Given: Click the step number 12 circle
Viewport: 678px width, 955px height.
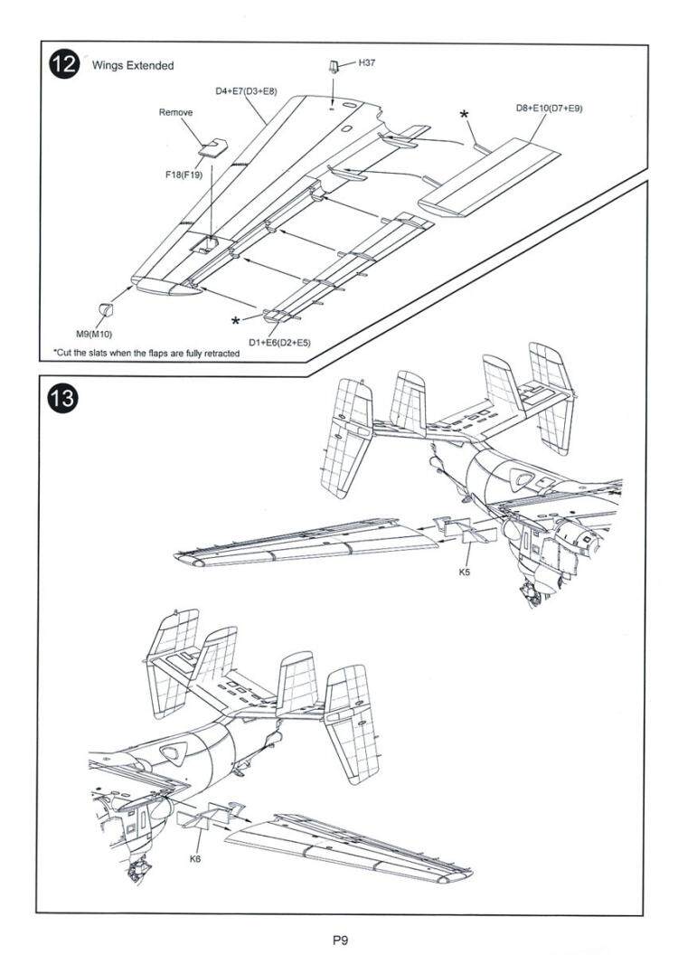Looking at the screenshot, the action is click(x=63, y=64).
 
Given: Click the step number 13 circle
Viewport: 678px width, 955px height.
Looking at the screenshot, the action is click(x=63, y=399).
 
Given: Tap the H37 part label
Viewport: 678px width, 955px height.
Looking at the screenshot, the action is click(x=366, y=62).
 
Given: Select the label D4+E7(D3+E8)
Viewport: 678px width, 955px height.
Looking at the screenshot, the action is click(x=245, y=91).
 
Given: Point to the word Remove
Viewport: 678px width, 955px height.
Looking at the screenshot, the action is click(x=176, y=112).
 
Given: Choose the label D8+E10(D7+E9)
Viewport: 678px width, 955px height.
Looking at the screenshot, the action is click(x=550, y=109).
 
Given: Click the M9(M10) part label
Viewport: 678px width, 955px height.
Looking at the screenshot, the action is click(x=94, y=334).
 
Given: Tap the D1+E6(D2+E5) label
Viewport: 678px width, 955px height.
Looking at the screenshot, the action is click(x=279, y=343).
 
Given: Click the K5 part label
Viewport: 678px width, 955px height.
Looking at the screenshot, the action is click(x=465, y=572).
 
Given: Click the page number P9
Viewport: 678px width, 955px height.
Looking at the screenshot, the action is click(x=340, y=941).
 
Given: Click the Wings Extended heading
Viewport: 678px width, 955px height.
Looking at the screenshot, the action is click(x=133, y=65).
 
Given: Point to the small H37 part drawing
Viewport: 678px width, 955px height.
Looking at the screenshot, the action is click(x=334, y=66).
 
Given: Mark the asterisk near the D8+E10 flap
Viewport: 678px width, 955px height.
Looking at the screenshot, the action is click(x=465, y=116).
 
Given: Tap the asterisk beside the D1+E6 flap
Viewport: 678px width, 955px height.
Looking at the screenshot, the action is click(x=235, y=321).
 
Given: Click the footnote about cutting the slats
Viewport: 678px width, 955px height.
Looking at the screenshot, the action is click(x=146, y=354).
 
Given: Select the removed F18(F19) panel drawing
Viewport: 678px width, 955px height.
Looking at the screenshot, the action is click(x=213, y=147).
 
